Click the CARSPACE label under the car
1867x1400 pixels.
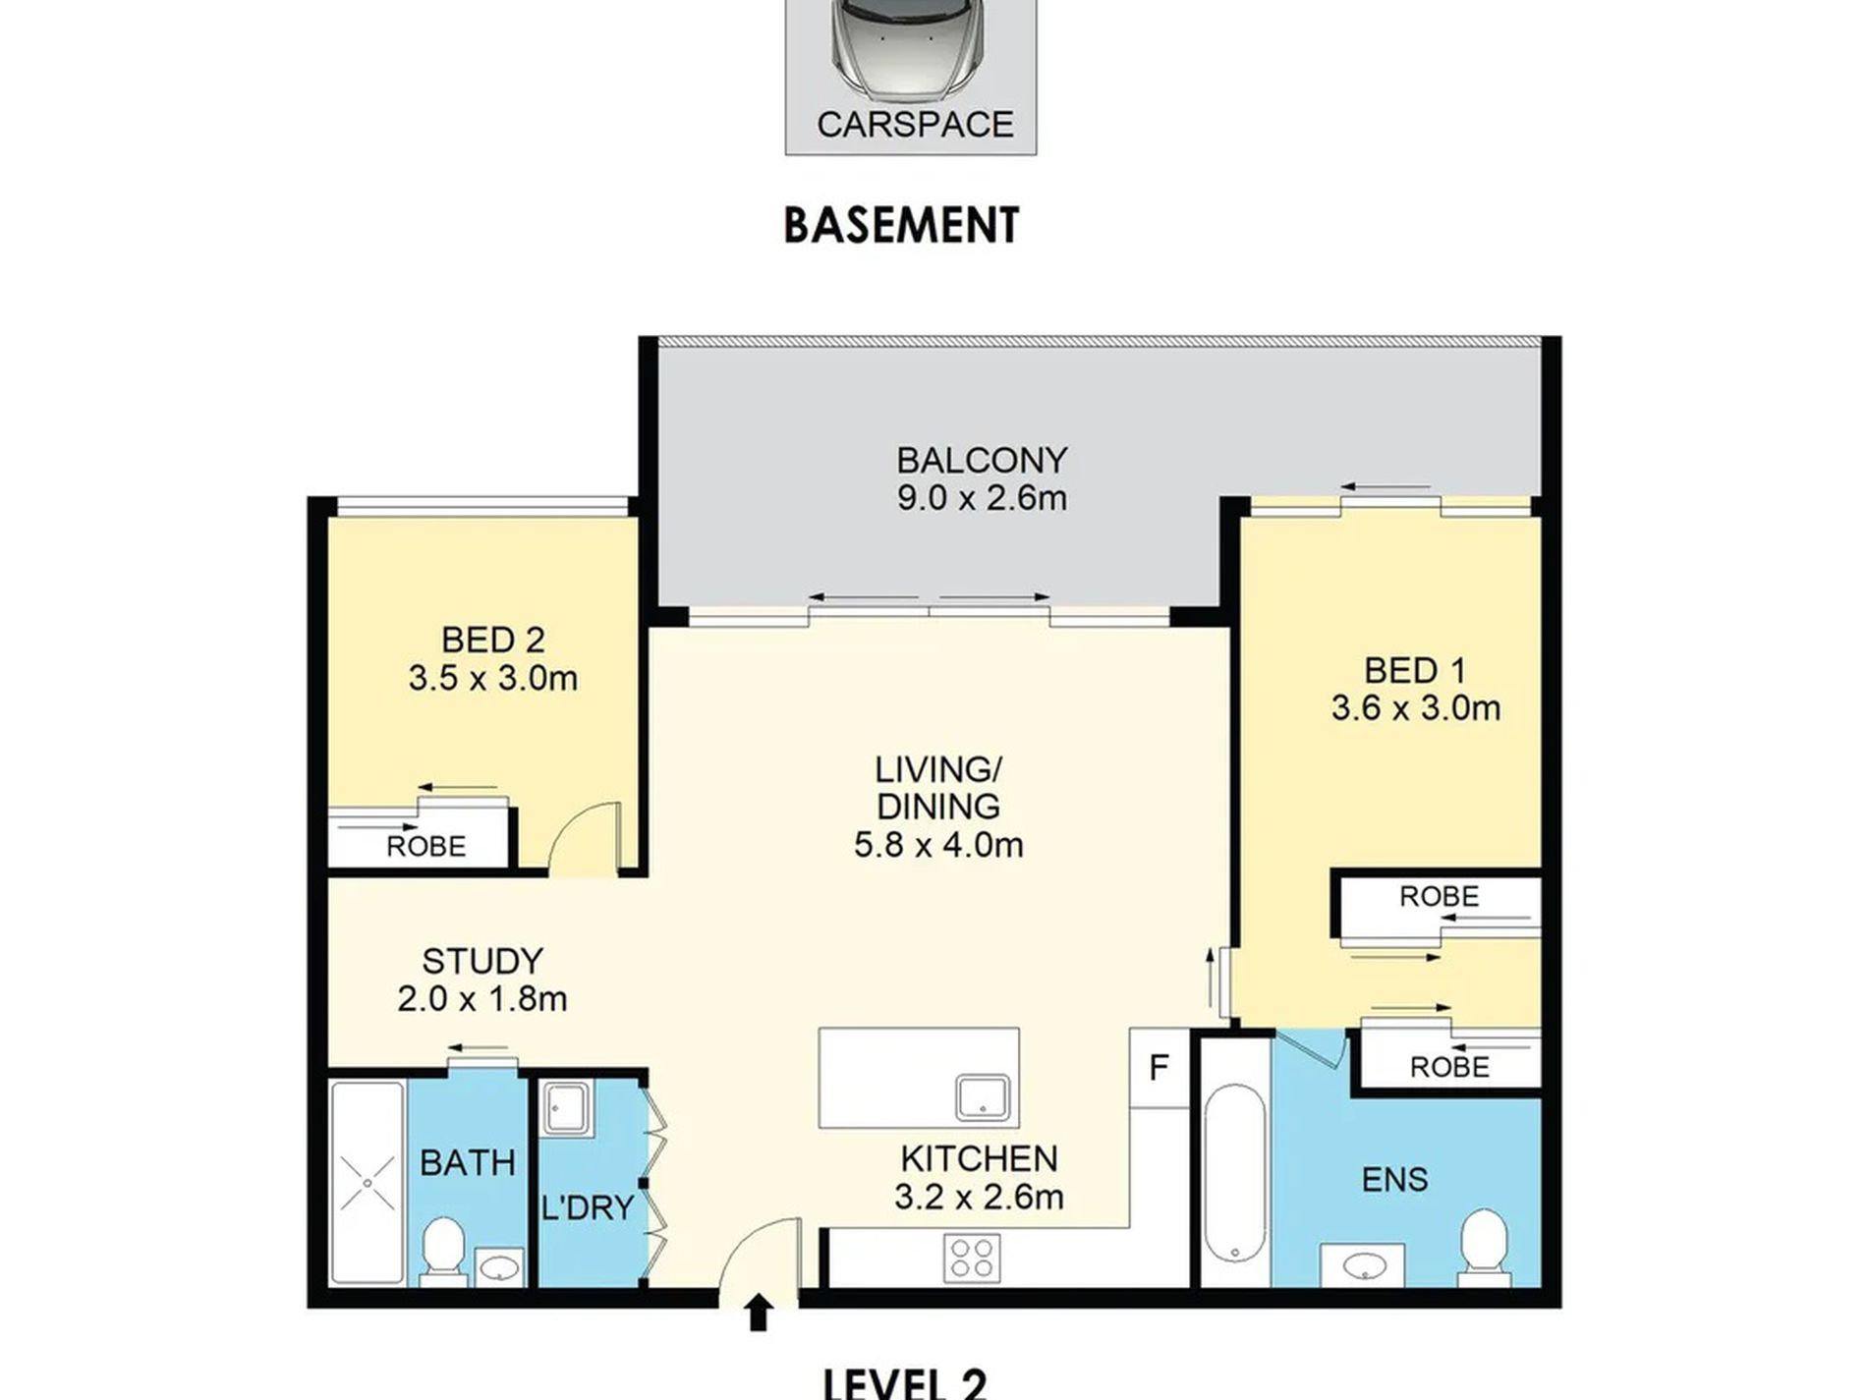[x=915, y=125]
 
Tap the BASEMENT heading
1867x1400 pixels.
[x=901, y=225]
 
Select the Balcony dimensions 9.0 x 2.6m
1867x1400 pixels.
[x=982, y=498]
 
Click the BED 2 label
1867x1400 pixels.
[x=492, y=640]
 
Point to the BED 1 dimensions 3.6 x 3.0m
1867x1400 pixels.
[x=1416, y=708]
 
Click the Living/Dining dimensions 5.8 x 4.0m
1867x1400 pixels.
[x=938, y=845]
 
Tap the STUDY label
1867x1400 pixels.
[x=481, y=961]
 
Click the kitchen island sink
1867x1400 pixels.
[x=985, y=1097]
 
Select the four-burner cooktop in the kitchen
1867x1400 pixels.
[x=972, y=1258]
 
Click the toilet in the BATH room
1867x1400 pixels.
[x=443, y=1251]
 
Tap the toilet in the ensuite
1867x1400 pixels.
[x=1483, y=1248]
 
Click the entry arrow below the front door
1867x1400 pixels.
[x=758, y=1314]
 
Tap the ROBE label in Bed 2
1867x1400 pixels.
[x=425, y=846]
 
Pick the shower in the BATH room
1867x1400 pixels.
[x=368, y=1183]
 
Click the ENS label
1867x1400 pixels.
[x=1394, y=1179]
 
